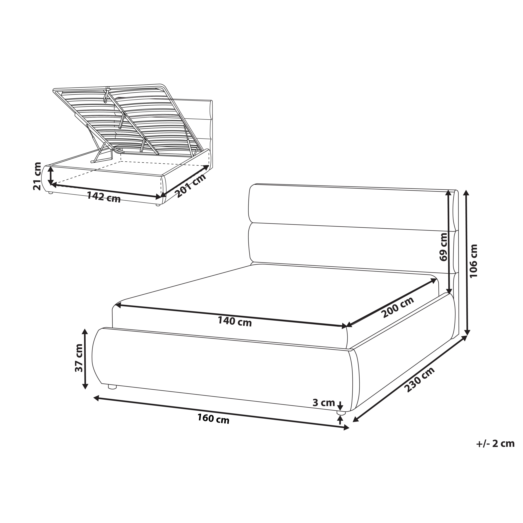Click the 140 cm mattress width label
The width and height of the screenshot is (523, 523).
coord(235,322)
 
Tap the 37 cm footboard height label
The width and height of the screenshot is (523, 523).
coord(79,358)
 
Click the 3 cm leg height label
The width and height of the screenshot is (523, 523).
coord(324,403)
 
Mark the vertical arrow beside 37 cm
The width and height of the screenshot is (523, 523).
coord(85,359)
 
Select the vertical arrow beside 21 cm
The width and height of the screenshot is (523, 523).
coord(51,176)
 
